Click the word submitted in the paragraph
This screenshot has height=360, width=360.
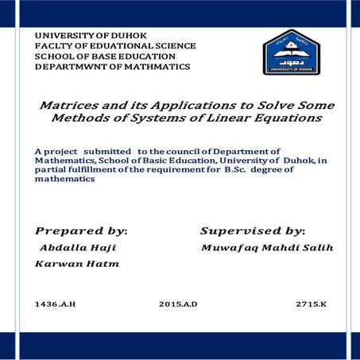point(110,150)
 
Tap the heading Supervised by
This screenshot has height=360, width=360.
point(252,230)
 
